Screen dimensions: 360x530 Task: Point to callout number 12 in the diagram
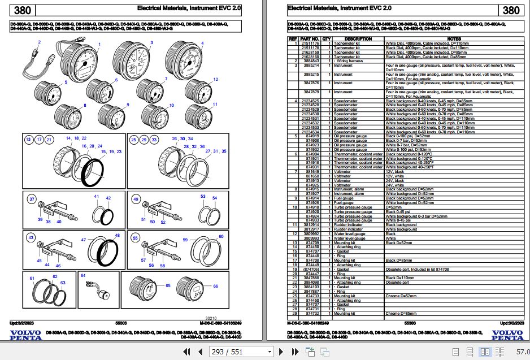pos(215,79)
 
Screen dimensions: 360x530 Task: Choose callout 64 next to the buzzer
pos(83,275)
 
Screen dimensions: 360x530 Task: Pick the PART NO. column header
pos(311,39)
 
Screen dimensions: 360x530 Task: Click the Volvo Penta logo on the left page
pos(25,335)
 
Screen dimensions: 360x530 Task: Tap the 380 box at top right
pos(510,10)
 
